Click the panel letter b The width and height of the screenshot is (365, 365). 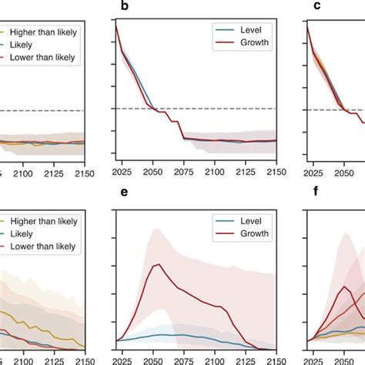(x=122, y=8)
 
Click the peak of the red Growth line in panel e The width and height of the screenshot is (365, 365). (x=158, y=265)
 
